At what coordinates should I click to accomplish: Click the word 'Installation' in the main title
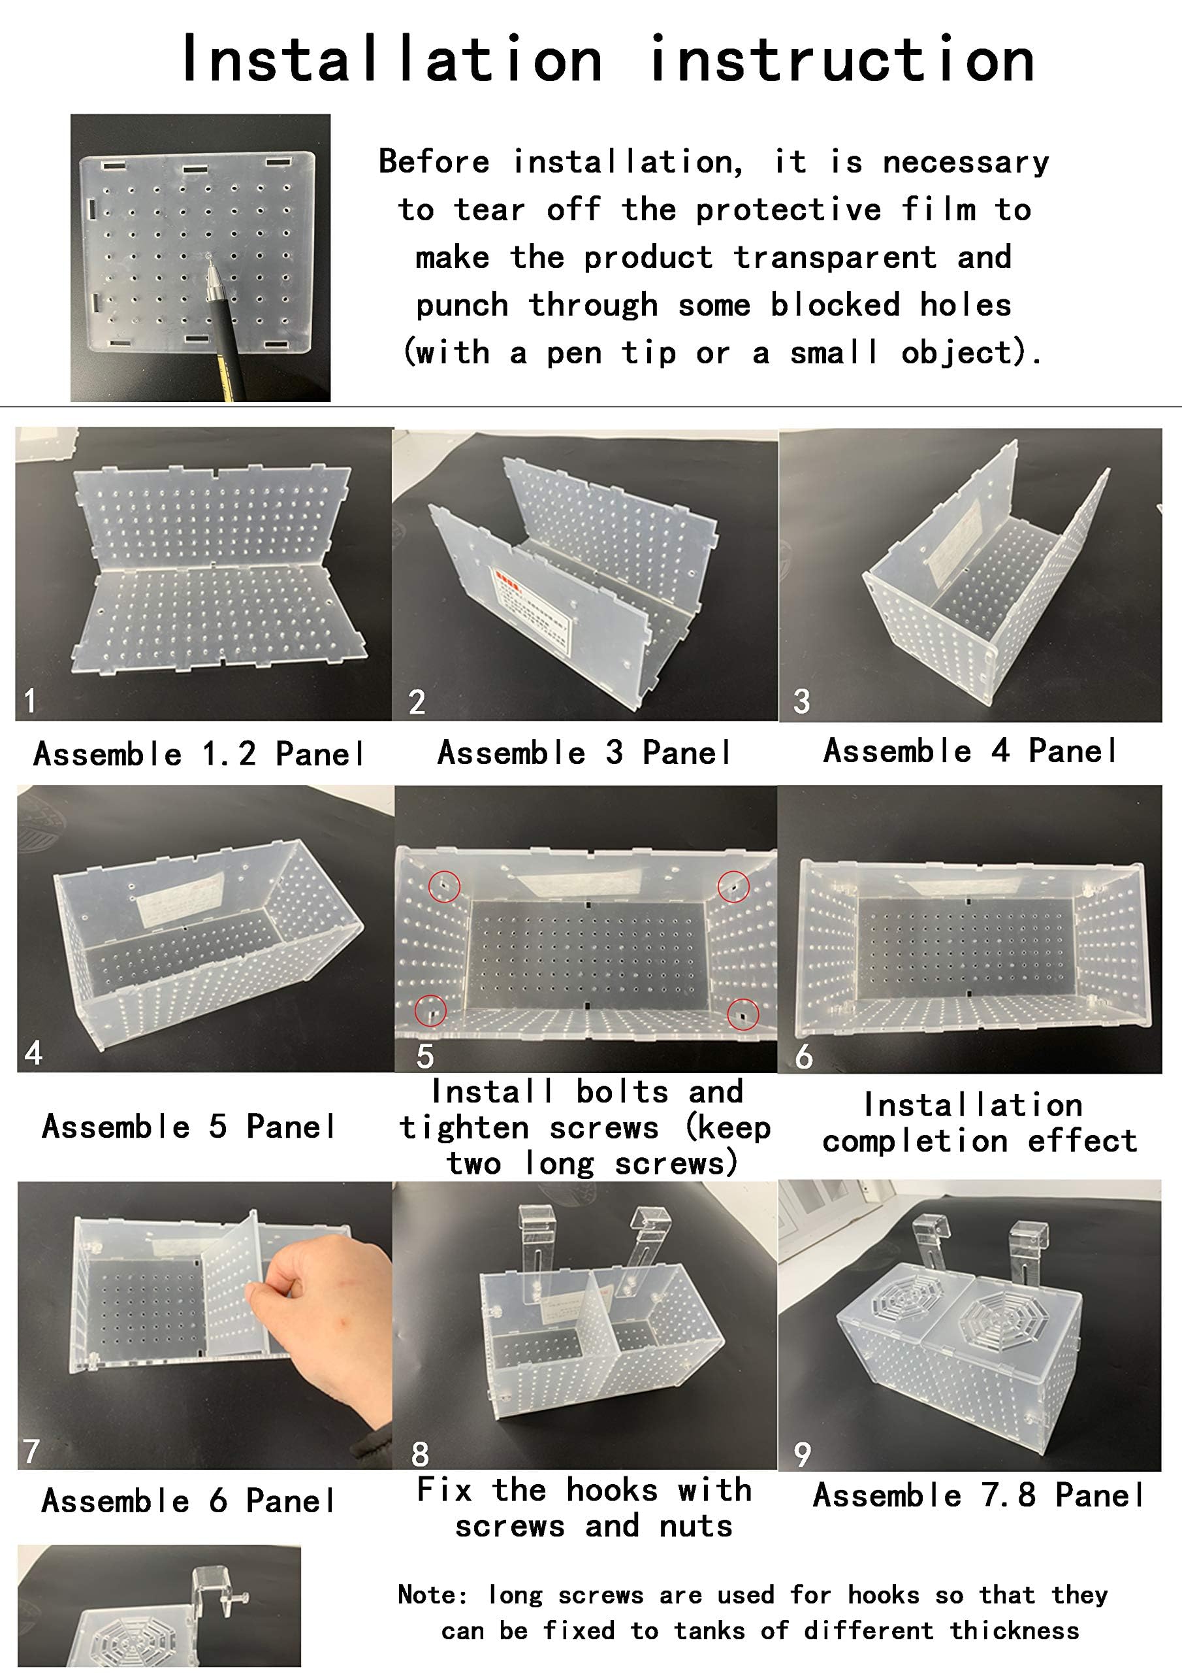[392, 59]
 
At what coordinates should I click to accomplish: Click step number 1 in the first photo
[30, 701]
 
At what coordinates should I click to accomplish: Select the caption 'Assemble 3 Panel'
[585, 753]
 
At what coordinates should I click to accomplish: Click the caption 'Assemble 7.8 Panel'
[978, 1495]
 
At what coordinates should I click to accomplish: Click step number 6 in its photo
[803, 1056]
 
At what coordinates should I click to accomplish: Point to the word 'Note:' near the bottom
[432, 1595]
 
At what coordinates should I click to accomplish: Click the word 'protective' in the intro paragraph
[788, 210]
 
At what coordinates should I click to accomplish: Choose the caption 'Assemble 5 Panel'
[189, 1126]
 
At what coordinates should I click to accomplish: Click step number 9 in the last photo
[802, 1455]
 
